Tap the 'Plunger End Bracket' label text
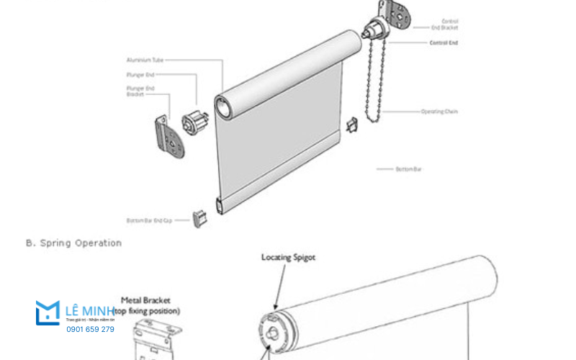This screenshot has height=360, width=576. (x=140, y=91)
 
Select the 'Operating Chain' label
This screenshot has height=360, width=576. (x=438, y=112)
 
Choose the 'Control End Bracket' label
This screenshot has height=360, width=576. (x=444, y=25)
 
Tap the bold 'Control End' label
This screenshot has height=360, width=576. (x=444, y=43)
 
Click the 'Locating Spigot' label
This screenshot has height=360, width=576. (x=288, y=257)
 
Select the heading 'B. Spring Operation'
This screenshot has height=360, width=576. (x=73, y=243)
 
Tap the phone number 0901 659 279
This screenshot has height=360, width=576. (x=90, y=329)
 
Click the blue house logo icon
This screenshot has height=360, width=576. (x=48, y=312)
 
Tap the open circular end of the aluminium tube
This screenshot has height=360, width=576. (x=225, y=107)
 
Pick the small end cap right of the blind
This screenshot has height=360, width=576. (x=352, y=125)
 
